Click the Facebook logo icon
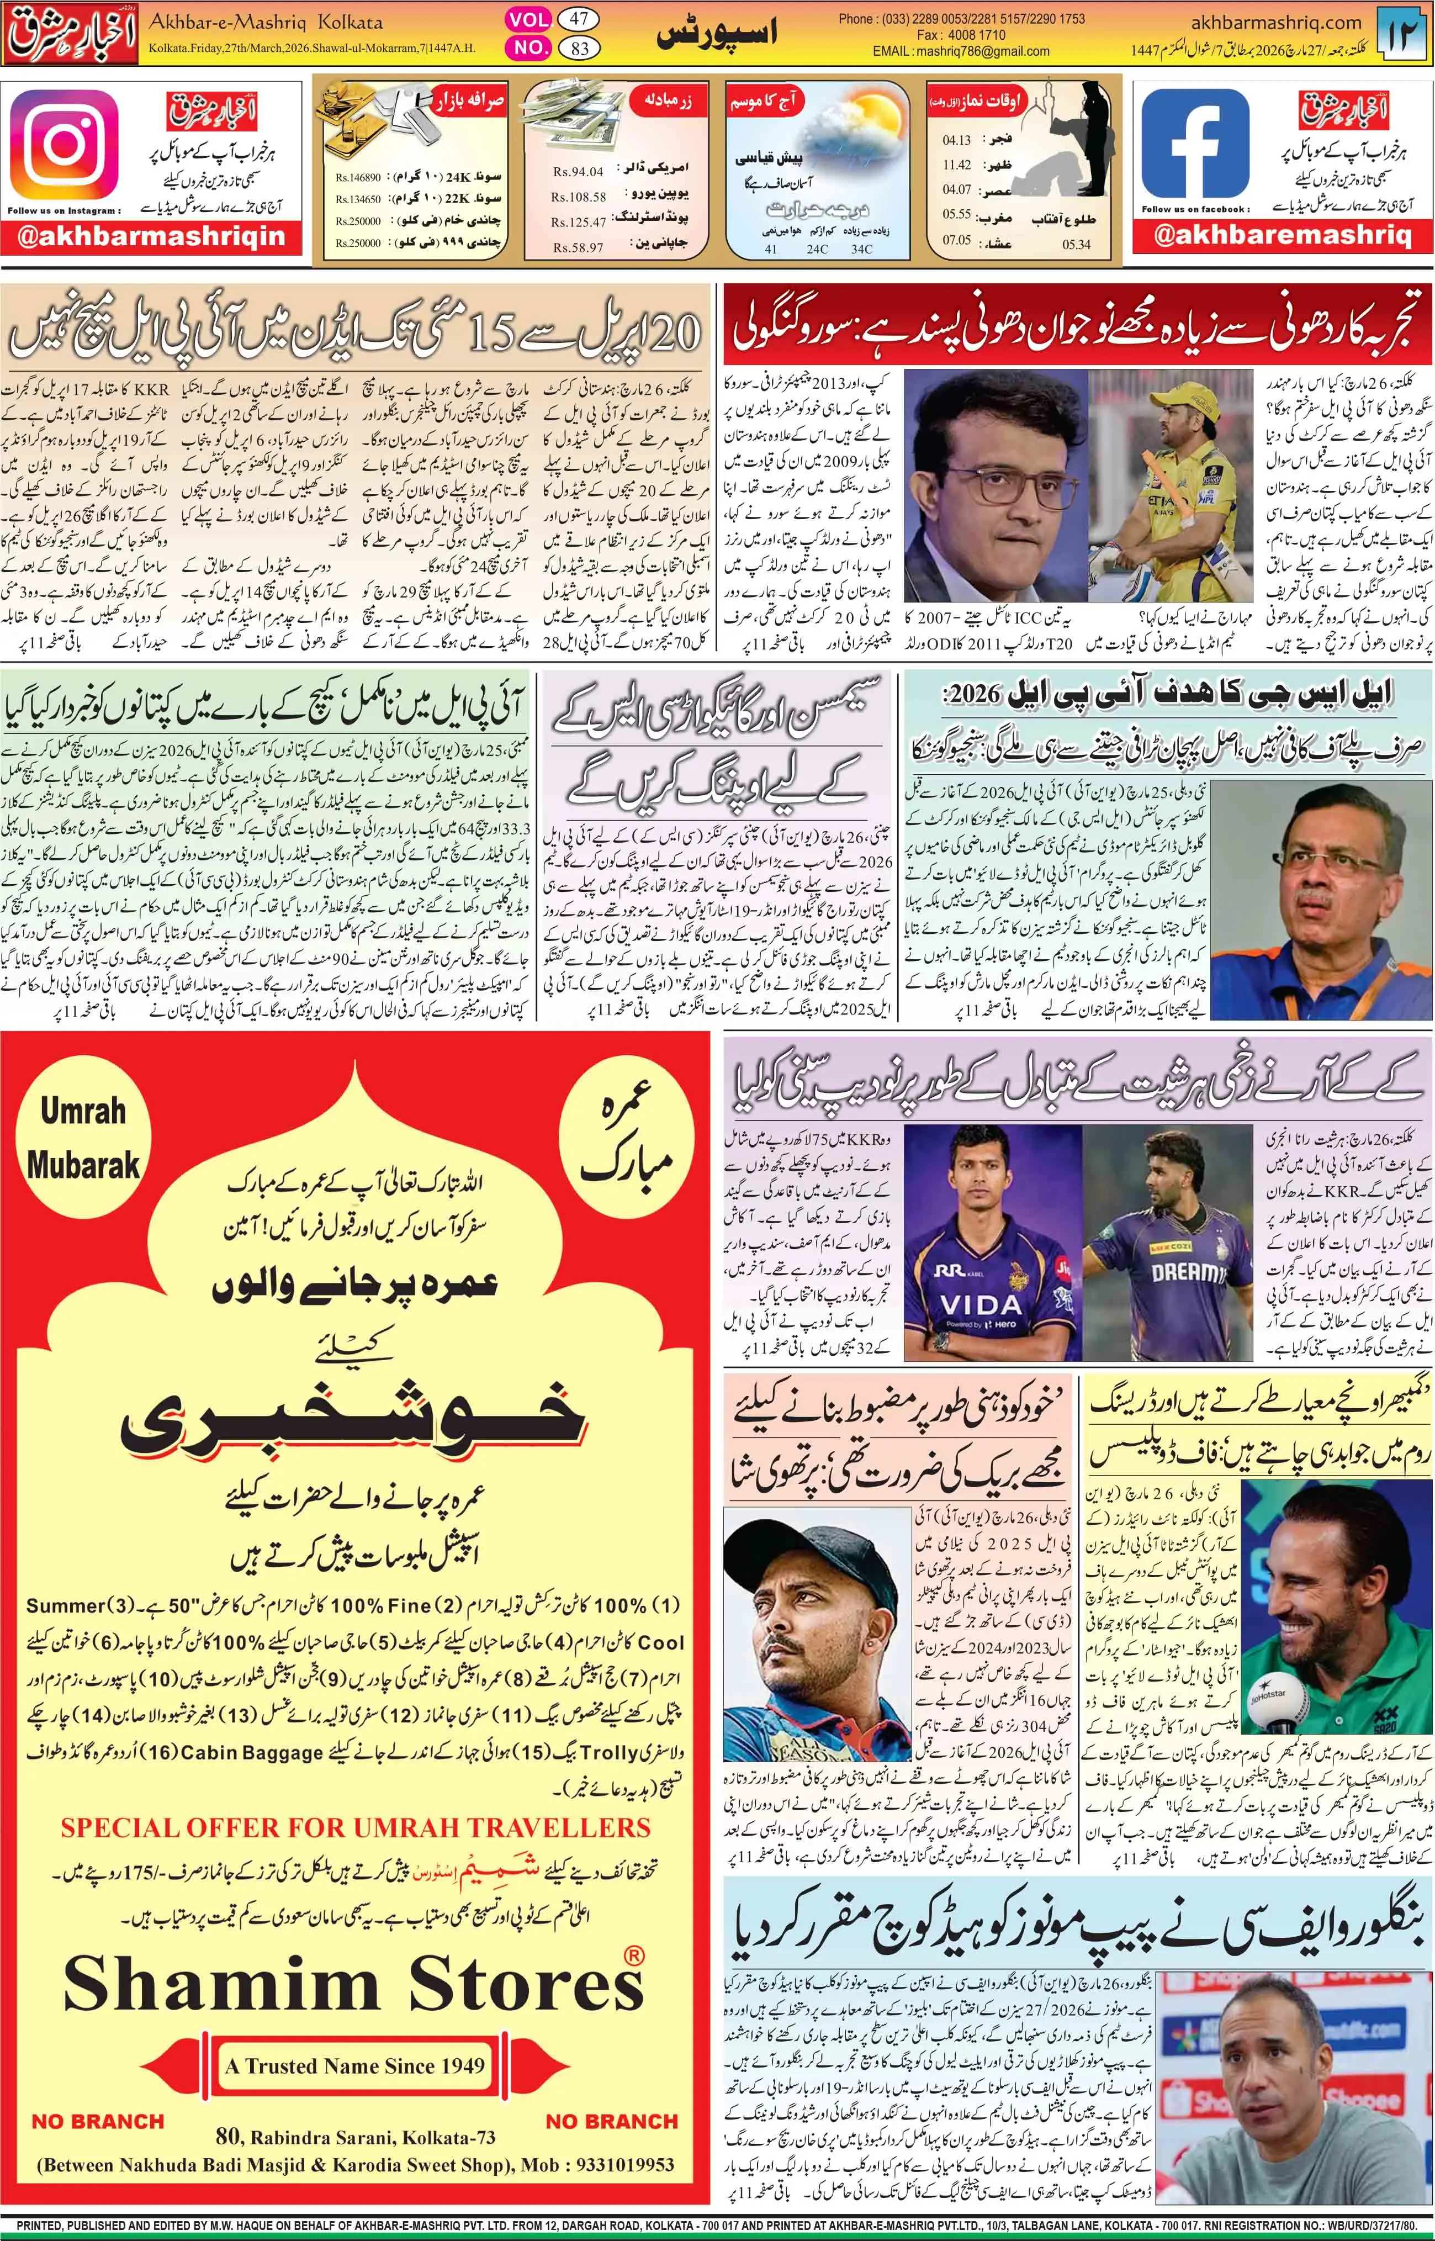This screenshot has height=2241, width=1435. tap(1195, 144)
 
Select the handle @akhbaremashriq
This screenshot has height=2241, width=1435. tap(1282, 236)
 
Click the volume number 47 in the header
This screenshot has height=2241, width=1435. tap(579, 19)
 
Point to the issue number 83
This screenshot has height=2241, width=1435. tap(579, 47)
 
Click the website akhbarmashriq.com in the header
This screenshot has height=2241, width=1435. tap(1277, 22)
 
